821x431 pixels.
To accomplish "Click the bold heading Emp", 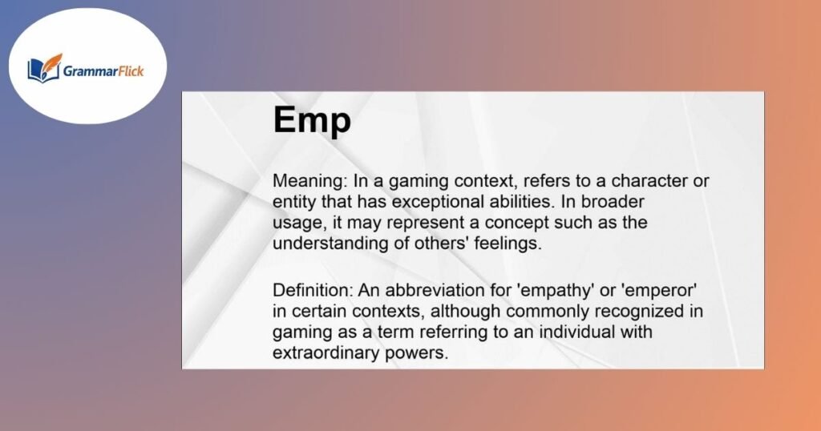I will point(312,122).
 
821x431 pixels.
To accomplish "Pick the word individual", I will point(576,331).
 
